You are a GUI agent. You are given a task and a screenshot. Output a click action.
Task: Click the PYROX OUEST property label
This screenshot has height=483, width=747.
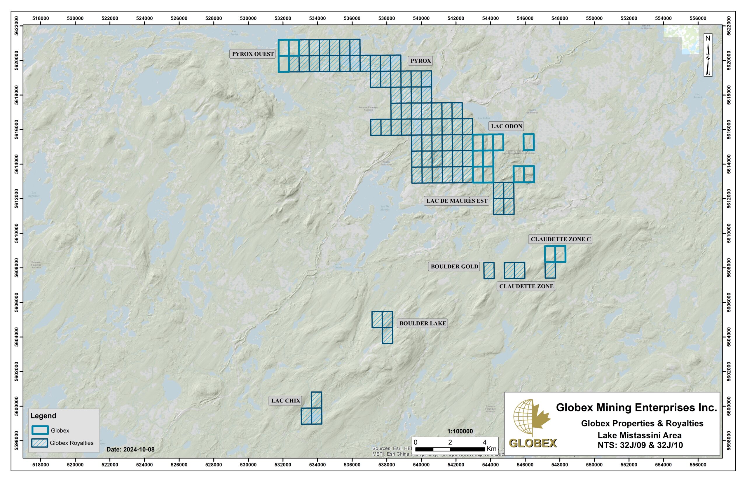tap(253, 54)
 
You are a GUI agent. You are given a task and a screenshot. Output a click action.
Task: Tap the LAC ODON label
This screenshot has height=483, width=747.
tap(506, 126)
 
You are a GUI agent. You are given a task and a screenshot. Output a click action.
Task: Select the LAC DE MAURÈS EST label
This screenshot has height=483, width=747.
tap(456, 201)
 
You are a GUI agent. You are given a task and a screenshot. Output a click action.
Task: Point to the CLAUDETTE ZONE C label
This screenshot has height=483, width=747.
tap(560, 239)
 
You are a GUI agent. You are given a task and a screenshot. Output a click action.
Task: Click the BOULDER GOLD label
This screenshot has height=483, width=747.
tap(454, 266)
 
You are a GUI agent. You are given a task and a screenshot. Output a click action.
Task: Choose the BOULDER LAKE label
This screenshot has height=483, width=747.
tap(422, 323)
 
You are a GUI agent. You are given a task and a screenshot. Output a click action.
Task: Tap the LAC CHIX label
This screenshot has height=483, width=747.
tap(285, 400)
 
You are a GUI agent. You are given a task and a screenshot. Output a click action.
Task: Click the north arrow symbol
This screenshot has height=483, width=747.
tap(708, 55)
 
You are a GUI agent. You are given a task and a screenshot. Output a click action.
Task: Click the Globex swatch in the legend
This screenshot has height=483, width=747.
tap(40, 430)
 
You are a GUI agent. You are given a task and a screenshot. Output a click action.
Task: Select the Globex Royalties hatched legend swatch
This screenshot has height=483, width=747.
tap(40, 443)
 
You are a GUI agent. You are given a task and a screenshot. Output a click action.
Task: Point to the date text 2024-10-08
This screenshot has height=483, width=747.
tap(130, 449)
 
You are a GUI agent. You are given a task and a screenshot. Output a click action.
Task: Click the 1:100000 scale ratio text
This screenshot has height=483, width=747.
tap(460, 431)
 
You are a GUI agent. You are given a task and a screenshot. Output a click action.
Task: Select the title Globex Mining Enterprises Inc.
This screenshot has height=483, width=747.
tap(636, 407)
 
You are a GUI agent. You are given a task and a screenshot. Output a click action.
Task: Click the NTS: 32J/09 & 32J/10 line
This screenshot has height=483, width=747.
tap(640, 445)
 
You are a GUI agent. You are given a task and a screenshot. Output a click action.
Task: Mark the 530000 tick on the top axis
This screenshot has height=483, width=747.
tap(248, 18)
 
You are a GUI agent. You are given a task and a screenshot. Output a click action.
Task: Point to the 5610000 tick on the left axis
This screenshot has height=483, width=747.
tap(17, 233)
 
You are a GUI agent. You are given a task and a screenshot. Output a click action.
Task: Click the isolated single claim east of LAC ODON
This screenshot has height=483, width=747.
tap(528, 142)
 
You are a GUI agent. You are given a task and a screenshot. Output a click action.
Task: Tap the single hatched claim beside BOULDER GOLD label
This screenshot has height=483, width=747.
tap(489, 270)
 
